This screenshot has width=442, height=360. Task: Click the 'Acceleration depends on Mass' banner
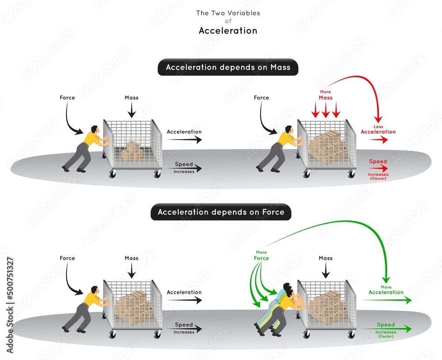tap(228, 68)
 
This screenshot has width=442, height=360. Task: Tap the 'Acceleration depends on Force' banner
tap(221, 212)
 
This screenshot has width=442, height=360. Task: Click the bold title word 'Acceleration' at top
tap(228, 30)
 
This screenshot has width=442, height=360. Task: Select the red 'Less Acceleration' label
tap(378, 130)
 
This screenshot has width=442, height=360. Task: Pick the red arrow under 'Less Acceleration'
tap(379, 140)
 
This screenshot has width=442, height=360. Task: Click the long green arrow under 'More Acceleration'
tap(386, 300)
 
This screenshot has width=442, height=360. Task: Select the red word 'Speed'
tap(378, 162)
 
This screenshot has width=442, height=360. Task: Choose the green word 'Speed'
tap(385, 325)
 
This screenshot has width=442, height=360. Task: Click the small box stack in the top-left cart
tap(132, 151)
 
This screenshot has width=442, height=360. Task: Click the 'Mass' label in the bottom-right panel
tap(326, 258)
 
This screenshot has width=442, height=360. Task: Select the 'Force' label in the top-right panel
tap(261, 98)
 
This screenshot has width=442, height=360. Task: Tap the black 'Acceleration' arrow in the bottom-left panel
tap(184, 300)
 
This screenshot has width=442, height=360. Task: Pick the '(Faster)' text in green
tap(385, 337)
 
